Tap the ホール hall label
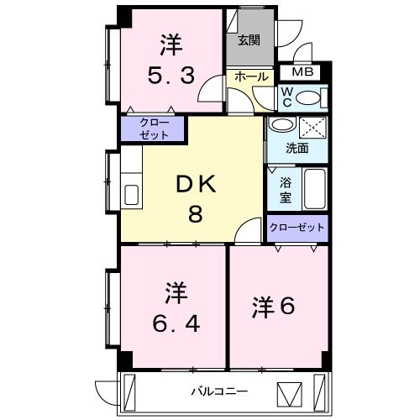coord(250,76)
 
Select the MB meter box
coord(302,72)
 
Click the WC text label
coord(286,97)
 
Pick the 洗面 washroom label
coord(297,148)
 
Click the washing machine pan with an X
coord(313,128)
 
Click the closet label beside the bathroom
coord(297,227)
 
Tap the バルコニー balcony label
coord(218,391)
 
